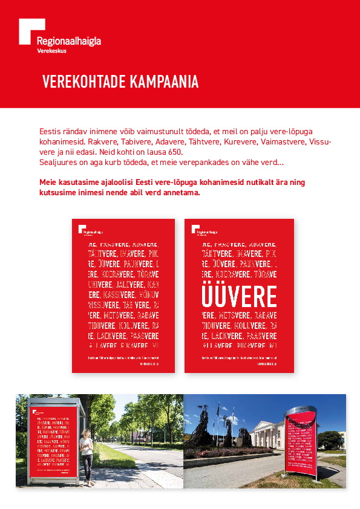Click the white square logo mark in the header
(31, 31)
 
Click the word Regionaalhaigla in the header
(69, 41)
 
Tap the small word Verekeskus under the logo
(51, 51)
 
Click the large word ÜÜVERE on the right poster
(239, 296)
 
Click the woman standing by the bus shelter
(87, 453)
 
